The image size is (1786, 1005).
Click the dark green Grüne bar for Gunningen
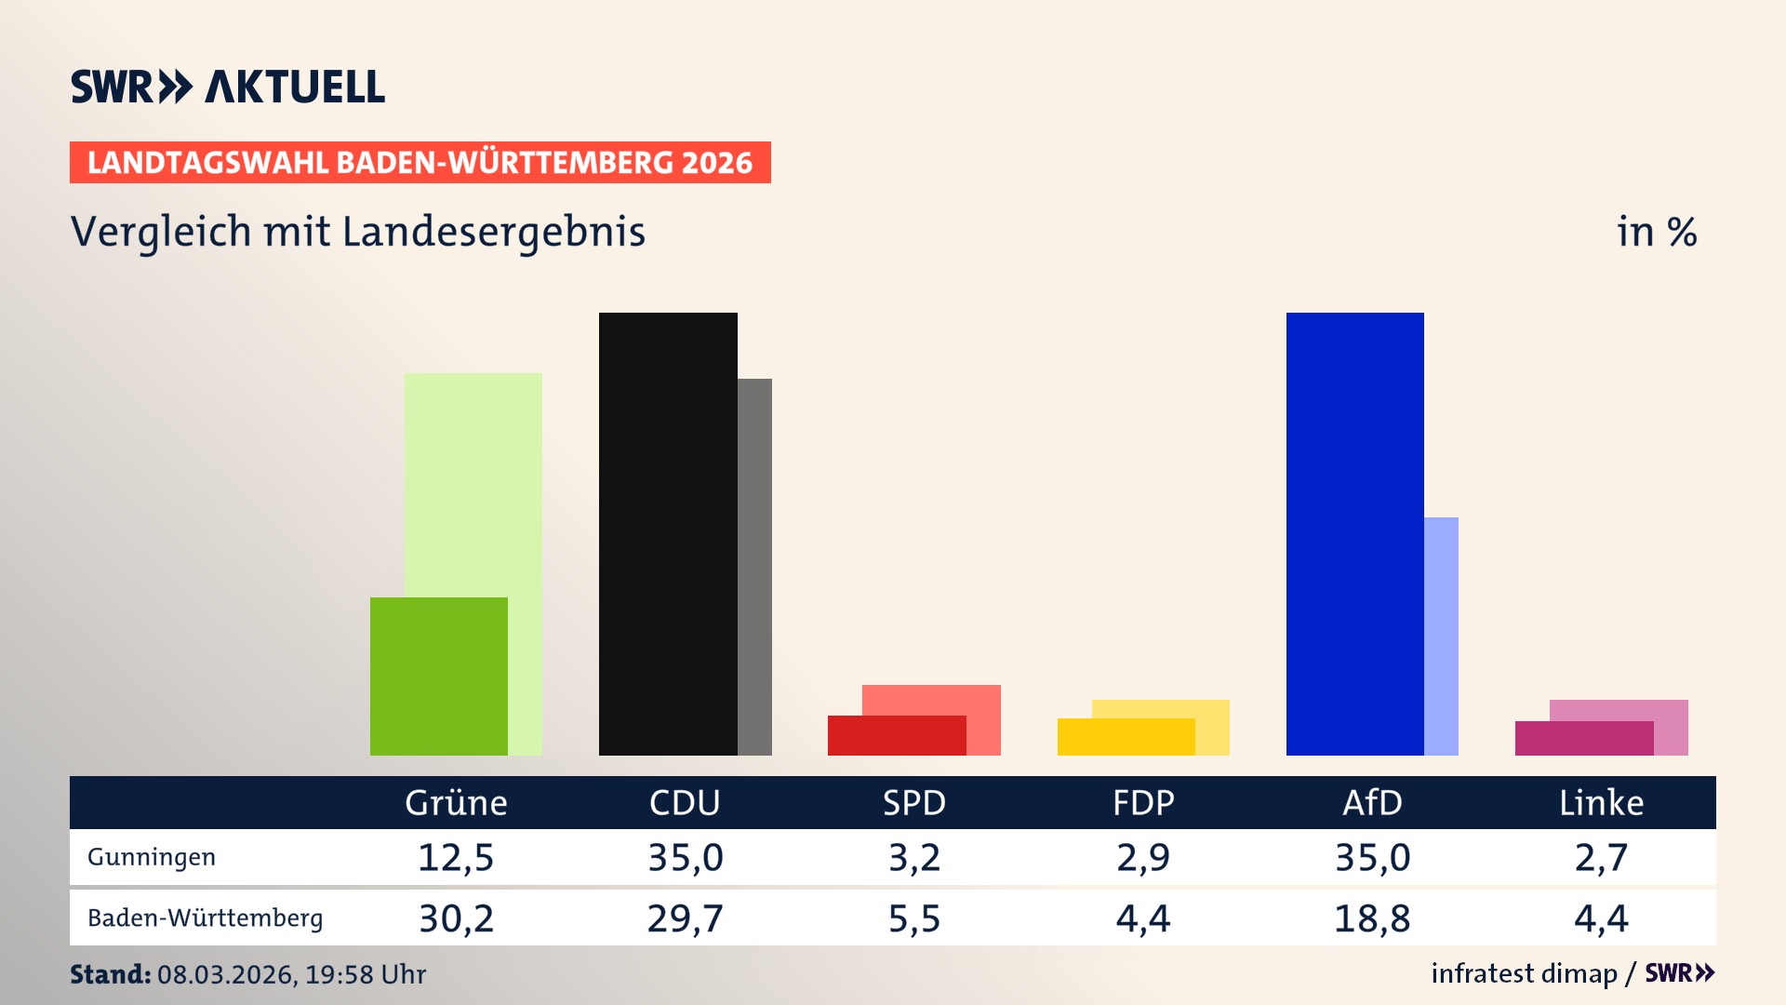(438, 677)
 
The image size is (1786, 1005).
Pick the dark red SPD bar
(896, 736)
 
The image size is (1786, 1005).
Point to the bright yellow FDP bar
(1126, 737)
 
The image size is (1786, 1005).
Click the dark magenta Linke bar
(1583, 739)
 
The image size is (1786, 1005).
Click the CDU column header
(685, 802)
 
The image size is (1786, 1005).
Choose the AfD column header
(1372, 802)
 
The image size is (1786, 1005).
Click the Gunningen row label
(152, 857)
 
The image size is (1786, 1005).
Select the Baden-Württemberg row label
(206, 918)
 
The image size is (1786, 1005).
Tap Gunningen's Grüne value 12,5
(456, 857)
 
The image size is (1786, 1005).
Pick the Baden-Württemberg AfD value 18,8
(1372, 918)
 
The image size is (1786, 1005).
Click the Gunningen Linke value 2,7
(1601, 857)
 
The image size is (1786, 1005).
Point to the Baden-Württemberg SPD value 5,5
(914, 918)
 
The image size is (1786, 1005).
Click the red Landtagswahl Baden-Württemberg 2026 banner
(420, 162)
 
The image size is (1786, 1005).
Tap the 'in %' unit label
(1656, 232)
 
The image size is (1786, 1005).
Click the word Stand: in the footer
(110, 974)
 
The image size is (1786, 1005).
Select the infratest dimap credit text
(1524, 973)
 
